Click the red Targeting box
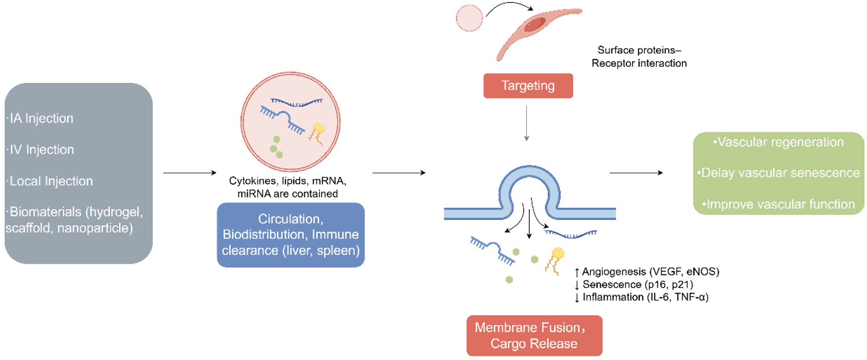click(528, 86)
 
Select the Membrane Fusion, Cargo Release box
click(534, 335)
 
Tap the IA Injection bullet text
click(40, 119)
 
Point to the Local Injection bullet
click(50, 181)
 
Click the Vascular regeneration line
click(778, 142)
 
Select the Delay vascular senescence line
click(778, 173)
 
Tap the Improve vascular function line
click(778, 205)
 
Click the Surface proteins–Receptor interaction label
click(639, 57)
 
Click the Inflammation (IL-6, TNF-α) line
click(643, 297)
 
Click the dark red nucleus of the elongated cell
click(535, 24)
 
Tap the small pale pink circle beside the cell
click(469, 18)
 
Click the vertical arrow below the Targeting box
click(527, 123)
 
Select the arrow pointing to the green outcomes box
click(636, 173)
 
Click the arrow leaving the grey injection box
click(189, 173)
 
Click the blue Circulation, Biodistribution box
click(291, 235)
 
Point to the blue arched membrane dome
click(529, 173)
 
